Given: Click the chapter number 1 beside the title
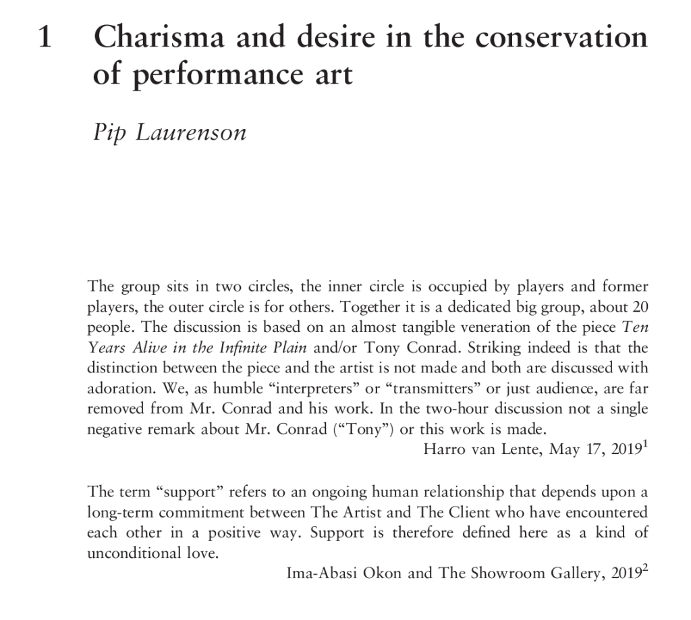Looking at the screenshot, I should (44, 37).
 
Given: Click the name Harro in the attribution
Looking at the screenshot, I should (443, 450).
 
